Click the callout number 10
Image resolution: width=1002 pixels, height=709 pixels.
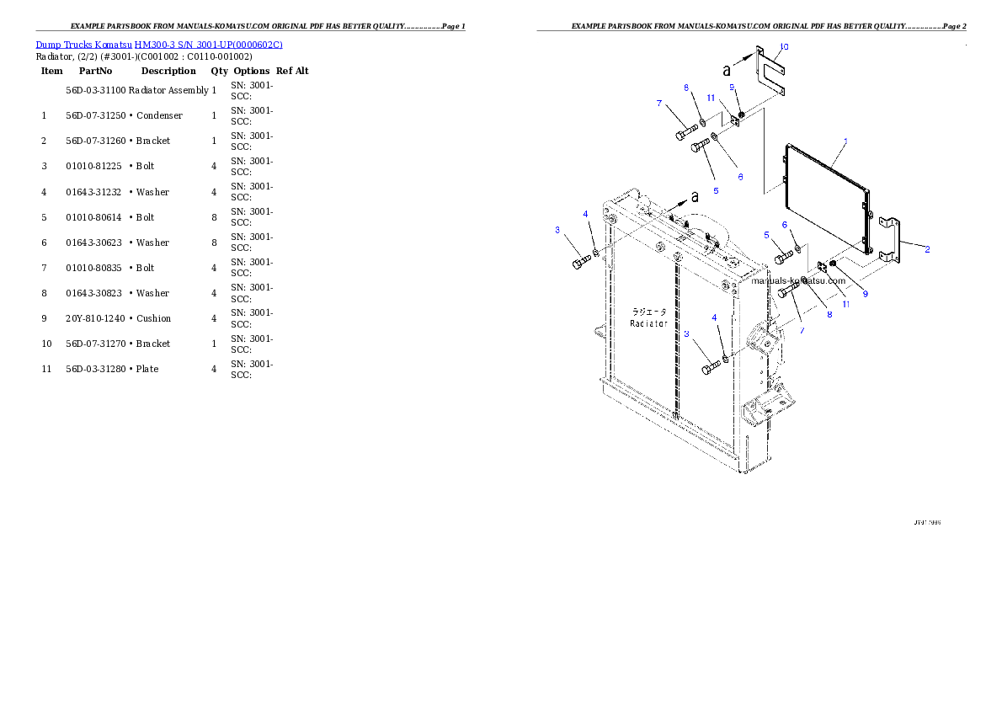coord(784,47)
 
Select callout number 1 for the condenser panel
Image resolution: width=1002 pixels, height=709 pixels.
coord(845,141)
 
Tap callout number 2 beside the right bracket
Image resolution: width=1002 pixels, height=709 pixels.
coord(927,249)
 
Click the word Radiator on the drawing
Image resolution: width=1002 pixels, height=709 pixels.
coord(648,323)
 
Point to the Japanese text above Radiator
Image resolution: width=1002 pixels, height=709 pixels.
coord(649,312)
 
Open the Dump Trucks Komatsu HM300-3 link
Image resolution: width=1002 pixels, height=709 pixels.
coord(159,44)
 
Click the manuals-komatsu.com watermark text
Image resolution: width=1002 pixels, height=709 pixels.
coord(797,281)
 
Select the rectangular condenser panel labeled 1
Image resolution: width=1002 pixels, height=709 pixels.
coord(825,198)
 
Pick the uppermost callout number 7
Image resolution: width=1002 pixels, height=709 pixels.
coord(659,104)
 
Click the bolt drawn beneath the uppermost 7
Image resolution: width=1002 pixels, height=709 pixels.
coord(683,133)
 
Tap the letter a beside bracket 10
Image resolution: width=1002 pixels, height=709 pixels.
coord(727,69)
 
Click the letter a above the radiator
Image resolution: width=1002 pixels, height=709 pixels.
coord(694,197)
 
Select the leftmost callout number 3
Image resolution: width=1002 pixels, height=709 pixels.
coord(557,230)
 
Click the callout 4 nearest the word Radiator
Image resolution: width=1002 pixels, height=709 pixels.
coord(715,317)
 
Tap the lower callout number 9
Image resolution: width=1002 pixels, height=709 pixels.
coord(864,294)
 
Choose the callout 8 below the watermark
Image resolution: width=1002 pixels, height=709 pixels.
coord(829,315)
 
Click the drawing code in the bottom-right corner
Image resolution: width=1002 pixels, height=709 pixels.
coord(927,523)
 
